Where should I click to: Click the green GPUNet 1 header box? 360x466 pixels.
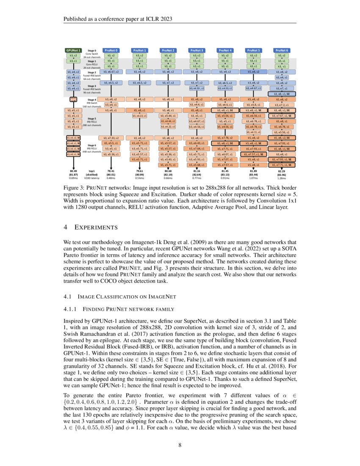click(x=73, y=50)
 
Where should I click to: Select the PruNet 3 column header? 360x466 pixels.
click(x=196, y=50)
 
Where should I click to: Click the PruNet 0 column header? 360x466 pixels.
click(x=111, y=50)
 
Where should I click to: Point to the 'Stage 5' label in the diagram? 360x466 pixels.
click(x=92, y=119)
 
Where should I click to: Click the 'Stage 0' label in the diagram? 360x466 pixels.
click(x=92, y=50)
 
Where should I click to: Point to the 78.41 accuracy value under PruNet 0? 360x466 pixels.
click(x=111, y=170)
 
